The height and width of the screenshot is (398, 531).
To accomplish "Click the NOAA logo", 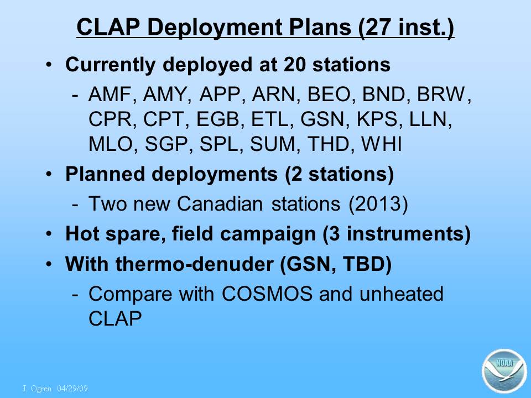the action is point(504,371).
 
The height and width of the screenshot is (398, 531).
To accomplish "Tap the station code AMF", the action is point(110,94).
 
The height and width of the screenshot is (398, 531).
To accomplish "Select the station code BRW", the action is point(441,94).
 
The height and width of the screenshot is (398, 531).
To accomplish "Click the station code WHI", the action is point(382,144).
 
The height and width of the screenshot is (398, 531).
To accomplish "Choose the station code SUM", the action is point(273,144).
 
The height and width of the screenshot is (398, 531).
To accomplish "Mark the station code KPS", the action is point(377,119).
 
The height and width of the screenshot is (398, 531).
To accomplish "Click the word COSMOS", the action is point(267,294).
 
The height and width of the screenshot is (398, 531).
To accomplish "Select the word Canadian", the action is point(220,204).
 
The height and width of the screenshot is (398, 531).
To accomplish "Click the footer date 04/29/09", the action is point(72,388).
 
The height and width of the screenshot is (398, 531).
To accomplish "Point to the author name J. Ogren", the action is point(37,388).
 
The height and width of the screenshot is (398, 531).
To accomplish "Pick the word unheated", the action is point(402,294).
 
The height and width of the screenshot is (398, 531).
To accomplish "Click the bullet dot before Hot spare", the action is point(49,233).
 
